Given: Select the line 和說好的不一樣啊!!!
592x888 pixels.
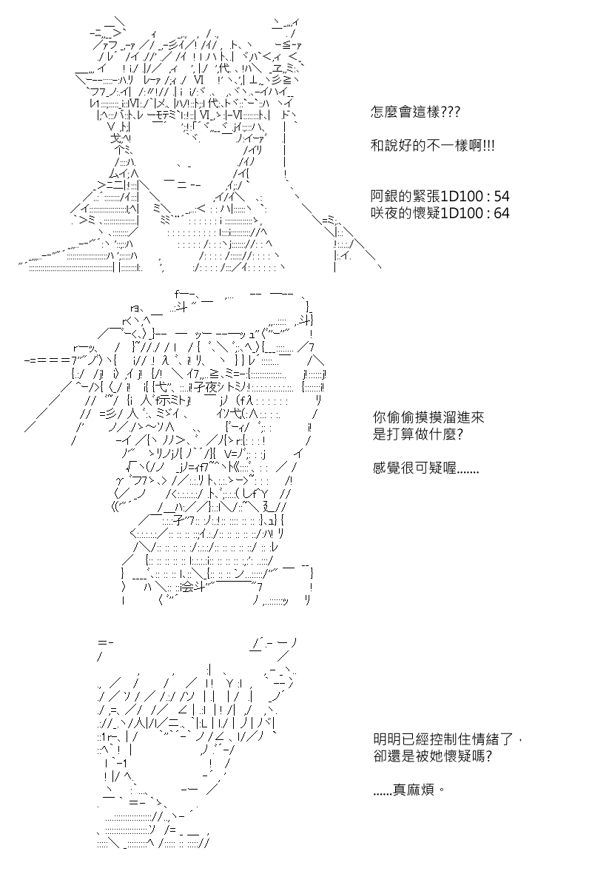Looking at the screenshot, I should coord(433,147).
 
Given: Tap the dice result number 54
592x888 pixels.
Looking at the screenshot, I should coord(501,197).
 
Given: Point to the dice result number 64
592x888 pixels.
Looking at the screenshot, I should coord(501,213).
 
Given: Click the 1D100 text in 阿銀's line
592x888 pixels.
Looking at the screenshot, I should coord(460,197).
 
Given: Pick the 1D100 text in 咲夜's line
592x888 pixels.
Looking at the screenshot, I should coord(460,213).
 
